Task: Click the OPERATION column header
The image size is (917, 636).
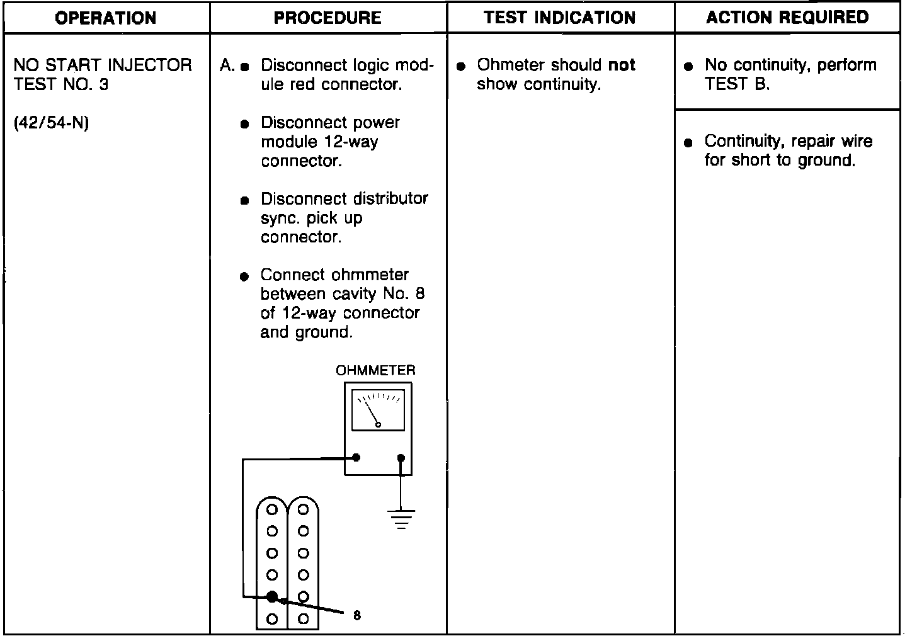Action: [106, 18]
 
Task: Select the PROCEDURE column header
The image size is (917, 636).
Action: [327, 18]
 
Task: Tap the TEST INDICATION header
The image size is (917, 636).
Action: [560, 18]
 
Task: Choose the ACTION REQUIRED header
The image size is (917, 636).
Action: [787, 18]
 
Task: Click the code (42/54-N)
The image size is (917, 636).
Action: [51, 123]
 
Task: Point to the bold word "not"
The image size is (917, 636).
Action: [622, 65]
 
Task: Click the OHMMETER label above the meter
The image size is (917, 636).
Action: [376, 370]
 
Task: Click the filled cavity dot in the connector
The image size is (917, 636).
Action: [272, 596]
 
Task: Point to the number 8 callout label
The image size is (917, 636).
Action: [357, 616]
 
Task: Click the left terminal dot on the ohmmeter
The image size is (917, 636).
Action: [356, 458]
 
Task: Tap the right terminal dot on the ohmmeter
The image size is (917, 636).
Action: [401, 458]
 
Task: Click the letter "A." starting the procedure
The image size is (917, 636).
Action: [227, 65]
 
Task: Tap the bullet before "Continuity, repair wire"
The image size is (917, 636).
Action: [688, 142]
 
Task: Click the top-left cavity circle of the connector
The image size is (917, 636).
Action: [272, 509]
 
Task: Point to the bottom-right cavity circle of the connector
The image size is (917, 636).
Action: [303, 618]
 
